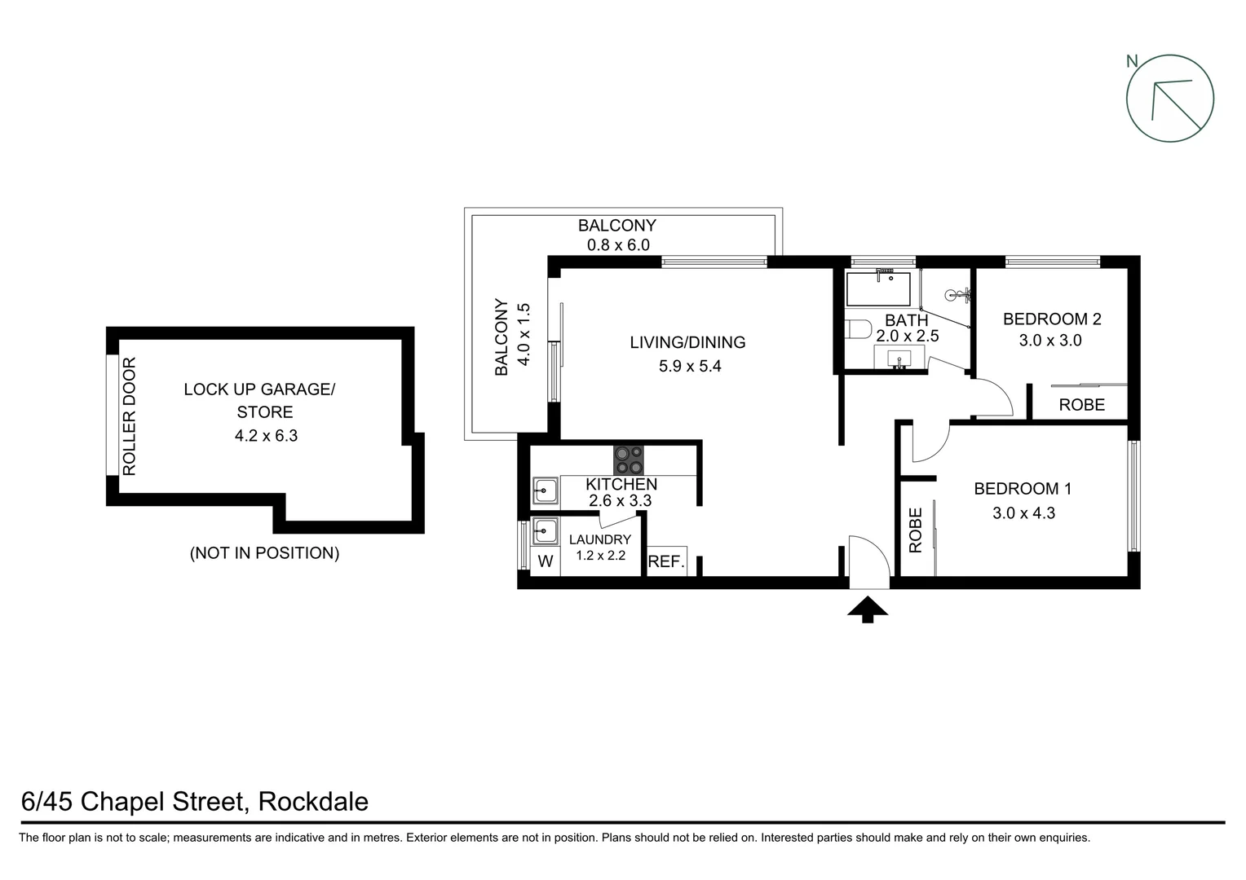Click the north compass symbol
point(1169,99)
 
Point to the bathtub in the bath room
point(878,288)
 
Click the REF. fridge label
point(666,561)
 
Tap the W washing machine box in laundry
point(546,561)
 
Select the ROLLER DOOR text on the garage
point(129,416)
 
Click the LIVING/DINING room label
point(687,342)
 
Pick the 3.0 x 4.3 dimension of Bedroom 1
point(1023,513)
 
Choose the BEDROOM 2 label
point(1051,319)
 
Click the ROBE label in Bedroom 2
point(1081,405)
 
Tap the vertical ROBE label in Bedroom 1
point(915,530)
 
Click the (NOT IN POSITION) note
point(264,553)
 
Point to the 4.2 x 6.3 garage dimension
point(266,436)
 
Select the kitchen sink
point(545,491)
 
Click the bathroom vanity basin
point(900,358)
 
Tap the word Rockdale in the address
point(313,802)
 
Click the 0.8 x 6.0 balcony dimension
point(617,244)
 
